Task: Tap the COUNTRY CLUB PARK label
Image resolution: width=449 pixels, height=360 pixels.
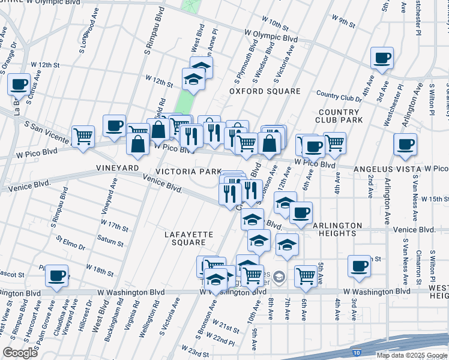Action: click(x=339, y=116)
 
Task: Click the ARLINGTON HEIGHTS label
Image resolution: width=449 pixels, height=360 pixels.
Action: click(x=337, y=229)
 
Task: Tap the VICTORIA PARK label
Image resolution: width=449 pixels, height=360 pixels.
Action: click(x=188, y=172)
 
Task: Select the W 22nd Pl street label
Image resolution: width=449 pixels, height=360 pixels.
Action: click(x=223, y=341)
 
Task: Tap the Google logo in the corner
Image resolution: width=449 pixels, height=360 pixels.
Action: click(x=20, y=352)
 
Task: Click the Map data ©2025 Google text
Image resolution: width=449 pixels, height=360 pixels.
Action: click(x=411, y=355)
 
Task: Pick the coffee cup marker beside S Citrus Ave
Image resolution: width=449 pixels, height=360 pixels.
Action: click(x=19, y=83)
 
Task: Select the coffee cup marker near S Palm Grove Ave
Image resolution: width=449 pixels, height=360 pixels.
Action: click(x=56, y=275)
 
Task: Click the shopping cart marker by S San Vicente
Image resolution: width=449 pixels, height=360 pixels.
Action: click(x=82, y=135)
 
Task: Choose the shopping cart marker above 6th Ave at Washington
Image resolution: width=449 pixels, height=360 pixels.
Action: click(x=306, y=275)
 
